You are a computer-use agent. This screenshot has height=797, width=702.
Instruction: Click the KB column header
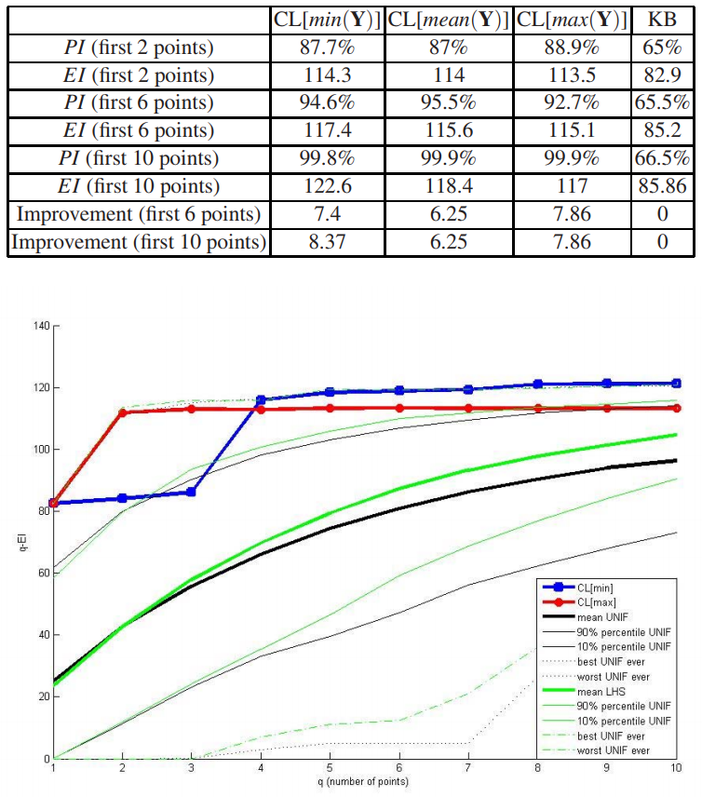click(x=661, y=19)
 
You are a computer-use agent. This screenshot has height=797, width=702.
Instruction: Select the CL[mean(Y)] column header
click(x=447, y=19)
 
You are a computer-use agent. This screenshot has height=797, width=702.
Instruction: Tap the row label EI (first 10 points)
click(x=139, y=186)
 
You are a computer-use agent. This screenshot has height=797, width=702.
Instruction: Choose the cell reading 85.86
click(x=661, y=186)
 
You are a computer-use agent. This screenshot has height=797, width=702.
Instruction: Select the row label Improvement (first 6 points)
click(x=139, y=214)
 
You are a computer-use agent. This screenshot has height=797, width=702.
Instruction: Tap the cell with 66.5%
click(x=661, y=158)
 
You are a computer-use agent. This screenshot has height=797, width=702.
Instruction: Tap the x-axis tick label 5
click(x=330, y=768)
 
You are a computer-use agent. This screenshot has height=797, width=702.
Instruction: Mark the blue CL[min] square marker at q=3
click(x=191, y=492)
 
